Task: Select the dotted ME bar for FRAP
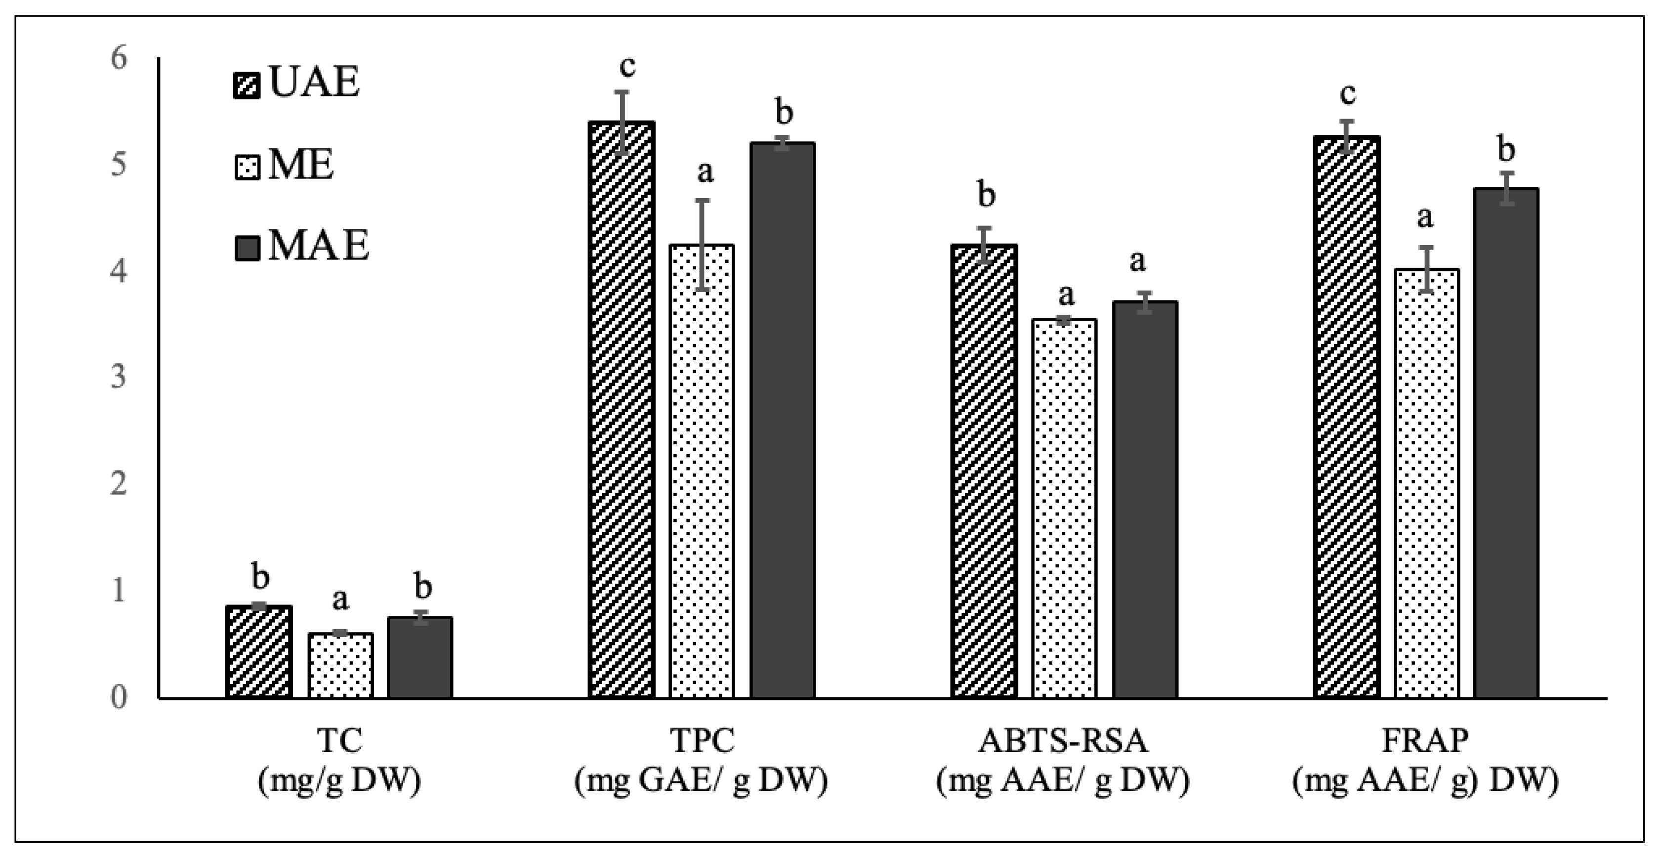[x=1426, y=484]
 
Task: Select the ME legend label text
[x=301, y=166]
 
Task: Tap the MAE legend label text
[x=319, y=246]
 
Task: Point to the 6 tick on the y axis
[x=119, y=59]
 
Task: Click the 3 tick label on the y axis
[x=119, y=377]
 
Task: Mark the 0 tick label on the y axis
[x=119, y=698]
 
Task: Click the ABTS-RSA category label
[x=1063, y=741]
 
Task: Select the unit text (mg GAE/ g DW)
[x=701, y=781]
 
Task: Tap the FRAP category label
[x=1425, y=741]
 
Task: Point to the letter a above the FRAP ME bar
[x=1424, y=218]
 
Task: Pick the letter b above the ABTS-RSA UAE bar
[x=986, y=195]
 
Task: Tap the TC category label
[x=340, y=741]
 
